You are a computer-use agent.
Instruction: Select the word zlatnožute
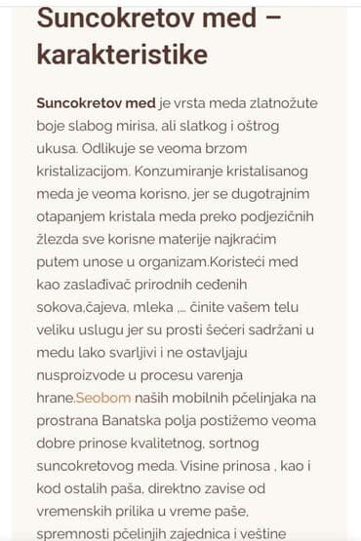pos(274,102)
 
